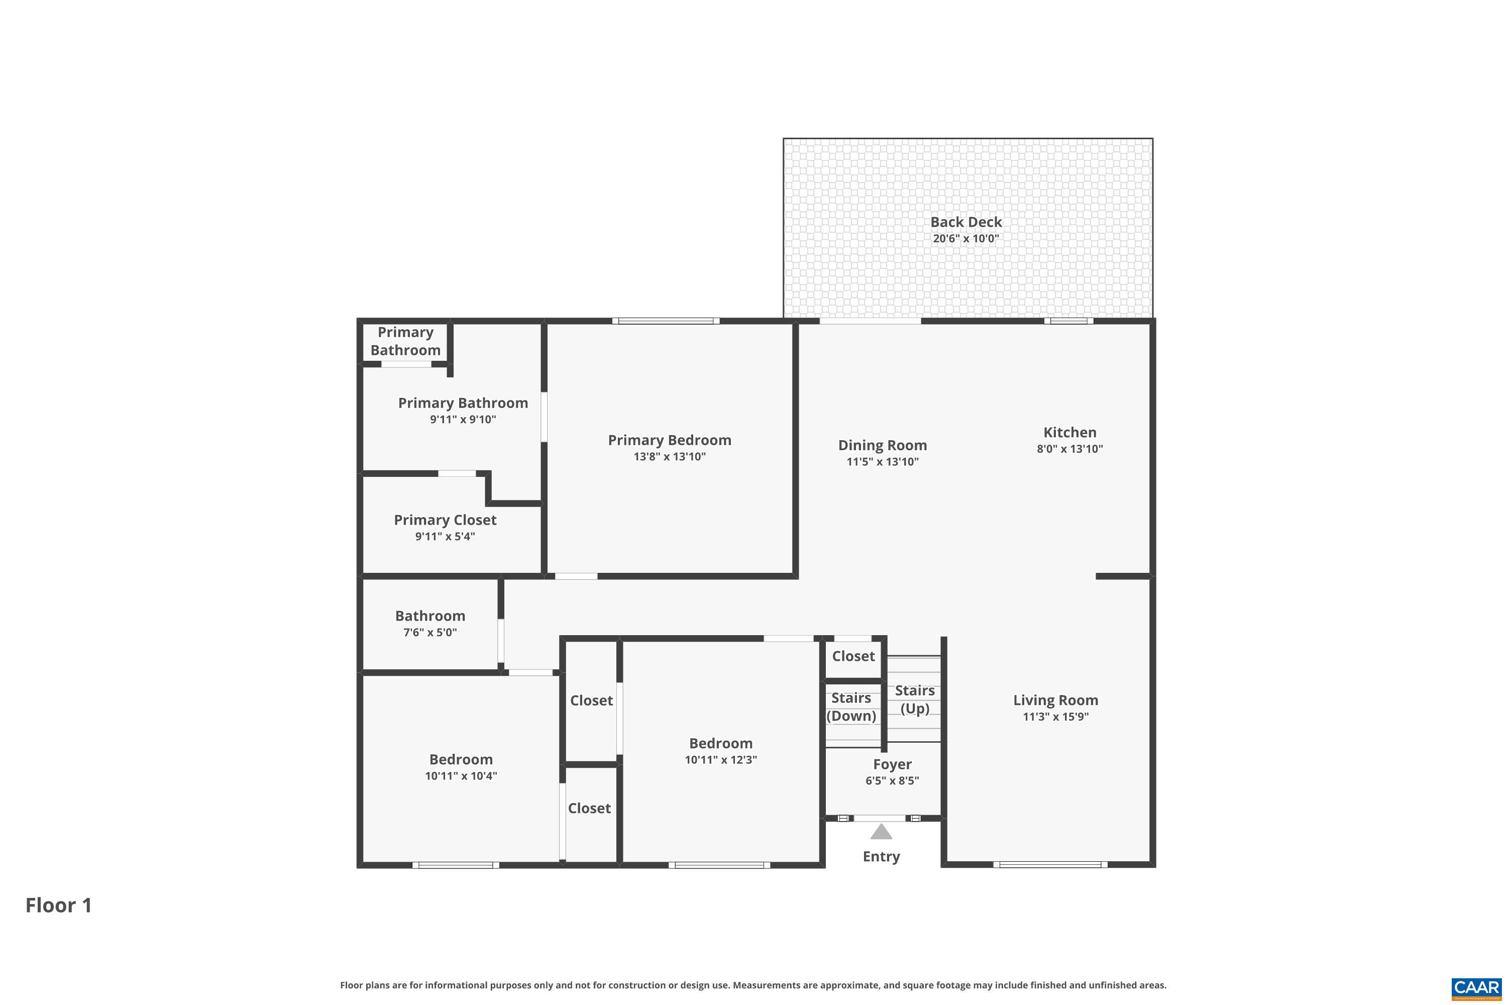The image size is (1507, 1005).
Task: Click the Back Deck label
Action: pyautogui.click(x=965, y=222)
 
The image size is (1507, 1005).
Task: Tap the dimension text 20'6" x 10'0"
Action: pyautogui.click(x=965, y=238)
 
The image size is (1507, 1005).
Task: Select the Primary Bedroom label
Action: pyautogui.click(x=669, y=440)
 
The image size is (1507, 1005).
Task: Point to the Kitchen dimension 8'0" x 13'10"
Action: pyautogui.click(x=1069, y=449)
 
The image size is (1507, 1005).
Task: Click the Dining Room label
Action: pyautogui.click(x=882, y=445)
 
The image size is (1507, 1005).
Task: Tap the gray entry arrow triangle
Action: pyautogui.click(x=881, y=833)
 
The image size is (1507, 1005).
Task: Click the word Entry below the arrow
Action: pyautogui.click(x=881, y=856)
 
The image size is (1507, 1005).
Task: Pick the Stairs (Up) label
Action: pyautogui.click(x=914, y=699)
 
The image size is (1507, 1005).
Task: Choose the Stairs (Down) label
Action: pyautogui.click(x=851, y=707)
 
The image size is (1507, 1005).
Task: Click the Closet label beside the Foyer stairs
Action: pyautogui.click(x=853, y=656)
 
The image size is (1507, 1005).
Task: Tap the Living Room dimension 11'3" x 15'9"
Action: pyautogui.click(x=1055, y=717)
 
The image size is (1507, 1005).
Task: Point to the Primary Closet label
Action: pyautogui.click(x=445, y=520)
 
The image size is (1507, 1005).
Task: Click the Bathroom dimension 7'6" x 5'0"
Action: pyautogui.click(x=429, y=632)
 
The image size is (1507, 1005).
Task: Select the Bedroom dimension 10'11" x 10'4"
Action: pyautogui.click(x=461, y=775)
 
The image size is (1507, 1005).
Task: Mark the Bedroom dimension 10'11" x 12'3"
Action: pyautogui.click(x=720, y=759)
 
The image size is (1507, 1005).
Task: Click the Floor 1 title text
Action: pyautogui.click(x=59, y=905)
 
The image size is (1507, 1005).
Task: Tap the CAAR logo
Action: pyautogui.click(x=1476, y=988)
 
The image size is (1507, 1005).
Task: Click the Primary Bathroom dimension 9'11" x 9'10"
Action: pyautogui.click(x=463, y=419)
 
